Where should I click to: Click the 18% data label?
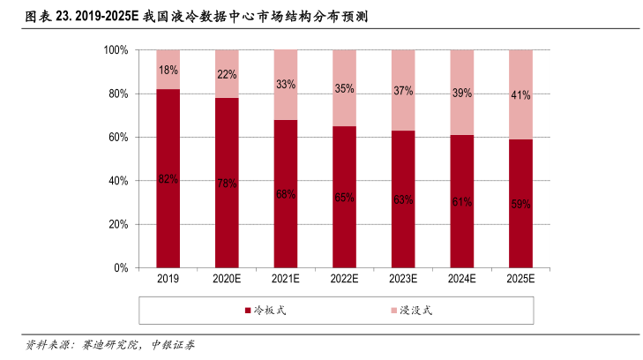pyautogui.click(x=168, y=70)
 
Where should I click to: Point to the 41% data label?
pyautogui.click(x=520, y=95)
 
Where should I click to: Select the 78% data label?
pyautogui.click(x=227, y=184)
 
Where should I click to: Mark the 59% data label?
pyautogui.click(x=520, y=204)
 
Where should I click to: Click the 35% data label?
pyautogui.click(x=344, y=88)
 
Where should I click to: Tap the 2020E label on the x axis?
pyautogui.click(x=227, y=279)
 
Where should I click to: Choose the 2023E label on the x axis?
pyautogui.click(x=403, y=279)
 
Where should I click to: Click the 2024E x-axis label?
pyautogui.click(x=461, y=279)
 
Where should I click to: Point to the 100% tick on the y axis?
pyautogui.click(x=116, y=50)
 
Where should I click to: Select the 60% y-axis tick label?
pyautogui.click(x=119, y=138)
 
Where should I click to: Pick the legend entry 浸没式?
pyautogui.click(x=415, y=311)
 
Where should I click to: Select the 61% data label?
pyautogui.click(x=461, y=202)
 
